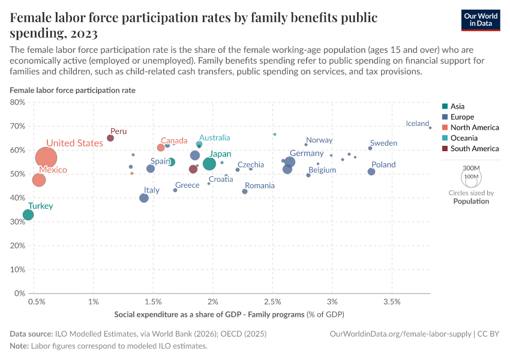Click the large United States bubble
coord(46,158)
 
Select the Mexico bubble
coord(38,180)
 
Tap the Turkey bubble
coord(28,215)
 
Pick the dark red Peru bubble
coord(110,138)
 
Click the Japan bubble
coord(209,164)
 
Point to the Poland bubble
coord(371,172)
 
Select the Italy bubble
coord(144,198)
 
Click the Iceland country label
coord(417,124)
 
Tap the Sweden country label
coord(383,143)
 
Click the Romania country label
coord(259,185)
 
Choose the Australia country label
coord(214,137)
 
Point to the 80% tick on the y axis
coord(16,102)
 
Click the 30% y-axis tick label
coord(16,221)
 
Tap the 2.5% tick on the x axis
coord(272,300)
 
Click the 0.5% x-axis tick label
coord(37,300)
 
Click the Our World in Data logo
coord(480,20)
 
